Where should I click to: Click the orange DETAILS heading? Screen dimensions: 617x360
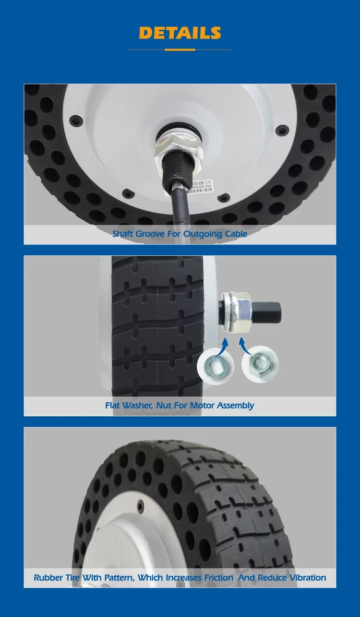click(180, 33)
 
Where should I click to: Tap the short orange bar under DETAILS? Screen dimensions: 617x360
click(180, 50)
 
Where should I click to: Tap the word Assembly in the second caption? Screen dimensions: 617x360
click(235, 406)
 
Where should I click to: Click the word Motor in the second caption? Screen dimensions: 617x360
click(202, 406)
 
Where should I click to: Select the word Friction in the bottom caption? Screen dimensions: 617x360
click(218, 578)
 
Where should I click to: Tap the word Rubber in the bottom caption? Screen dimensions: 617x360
click(48, 578)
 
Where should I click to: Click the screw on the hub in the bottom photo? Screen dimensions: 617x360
click(140, 505)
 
